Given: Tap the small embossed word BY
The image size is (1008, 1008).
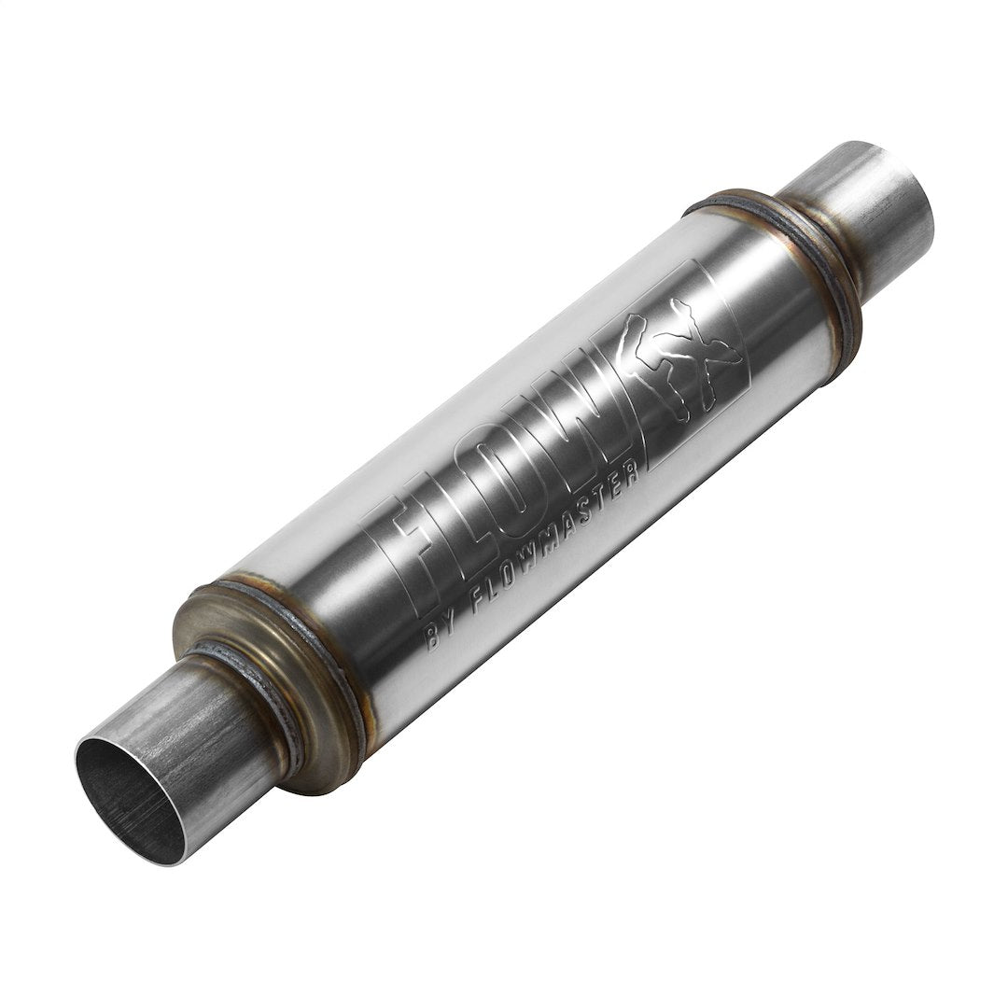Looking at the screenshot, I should coord(440,636).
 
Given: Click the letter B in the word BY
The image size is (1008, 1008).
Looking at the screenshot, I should coord(432,642).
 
